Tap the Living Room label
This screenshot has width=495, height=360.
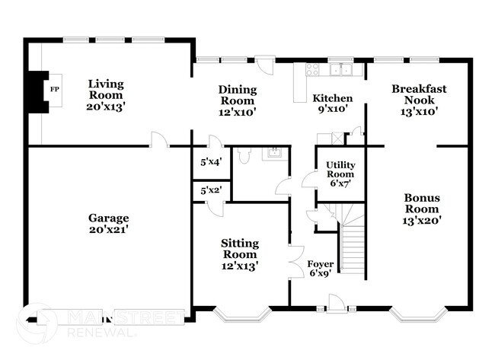(106, 95)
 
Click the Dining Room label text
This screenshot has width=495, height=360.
(238, 100)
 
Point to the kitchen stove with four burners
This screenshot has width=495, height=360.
(312, 70)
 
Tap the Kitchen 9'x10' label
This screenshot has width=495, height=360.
(333, 104)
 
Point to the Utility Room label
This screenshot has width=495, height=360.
(340, 174)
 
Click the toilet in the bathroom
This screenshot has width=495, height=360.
(242, 157)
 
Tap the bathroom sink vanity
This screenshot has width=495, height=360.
(273, 155)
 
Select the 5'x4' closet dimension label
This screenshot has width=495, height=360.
(210, 162)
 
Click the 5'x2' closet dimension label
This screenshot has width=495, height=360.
(210, 190)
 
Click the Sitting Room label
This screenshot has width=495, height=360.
(240, 254)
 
